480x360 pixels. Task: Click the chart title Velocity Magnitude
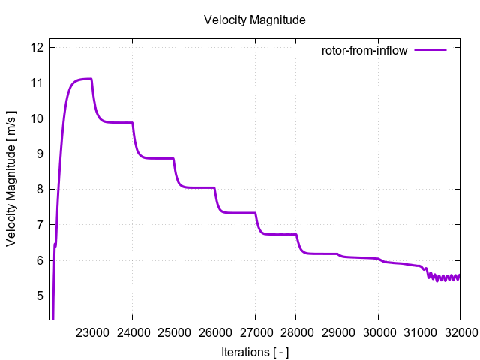254,20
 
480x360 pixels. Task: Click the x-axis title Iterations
254,351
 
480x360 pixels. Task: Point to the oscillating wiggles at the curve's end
443,277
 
